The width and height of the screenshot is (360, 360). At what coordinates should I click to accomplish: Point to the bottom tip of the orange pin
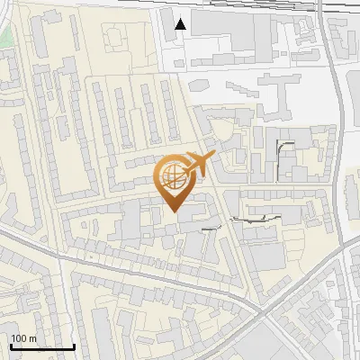point(174,211)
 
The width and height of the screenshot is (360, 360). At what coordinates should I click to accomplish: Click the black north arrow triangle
point(181,24)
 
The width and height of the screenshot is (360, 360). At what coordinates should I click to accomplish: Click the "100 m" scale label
point(24,338)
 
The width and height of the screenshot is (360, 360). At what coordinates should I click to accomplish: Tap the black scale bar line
point(42,346)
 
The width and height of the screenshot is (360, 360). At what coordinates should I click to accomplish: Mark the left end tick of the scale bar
point(11,345)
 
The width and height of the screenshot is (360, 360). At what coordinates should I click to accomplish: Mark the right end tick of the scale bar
point(74,345)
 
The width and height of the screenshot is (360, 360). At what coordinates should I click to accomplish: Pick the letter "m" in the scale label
point(33,338)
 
